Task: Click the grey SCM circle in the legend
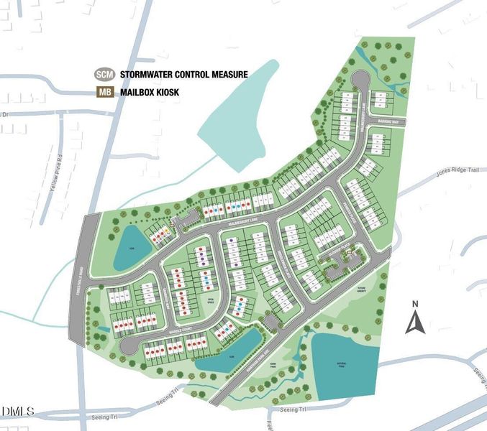(x=104, y=74)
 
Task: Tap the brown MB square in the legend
(x=104, y=92)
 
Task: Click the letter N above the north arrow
(x=415, y=304)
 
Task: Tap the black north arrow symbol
(x=415, y=323)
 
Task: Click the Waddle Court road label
(x=164, y=332)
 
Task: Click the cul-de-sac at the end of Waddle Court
(x=127, y=346)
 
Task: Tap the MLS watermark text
(x=18, y=411)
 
